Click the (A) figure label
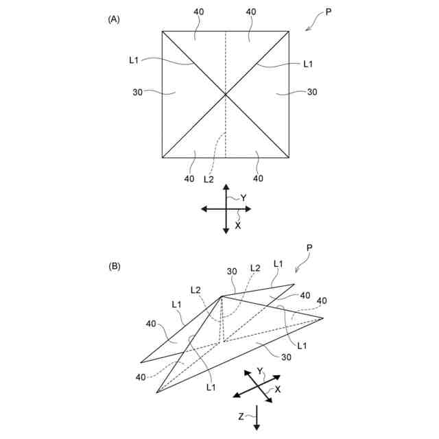(x=114, y=19)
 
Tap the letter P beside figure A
(x=329, y=12)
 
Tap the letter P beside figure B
(x=310, y=248)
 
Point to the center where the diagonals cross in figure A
(x=226, y=94)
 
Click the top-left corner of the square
(x=163, y=31)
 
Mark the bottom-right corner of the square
(x=289, y=158)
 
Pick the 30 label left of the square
(x=139, y=92)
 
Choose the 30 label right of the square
(x=312, y=92)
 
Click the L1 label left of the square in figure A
(x=134, y=60)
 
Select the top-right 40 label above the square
(x=251, y=12)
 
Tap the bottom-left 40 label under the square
(x=189, y=179)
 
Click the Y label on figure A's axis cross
(x=244, y=198)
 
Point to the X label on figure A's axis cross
(x=238, y=226)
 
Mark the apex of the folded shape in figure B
(x=222, y=296)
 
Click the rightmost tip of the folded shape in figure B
(x=323, y=318)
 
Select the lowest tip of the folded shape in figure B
(x=157, y=393)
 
